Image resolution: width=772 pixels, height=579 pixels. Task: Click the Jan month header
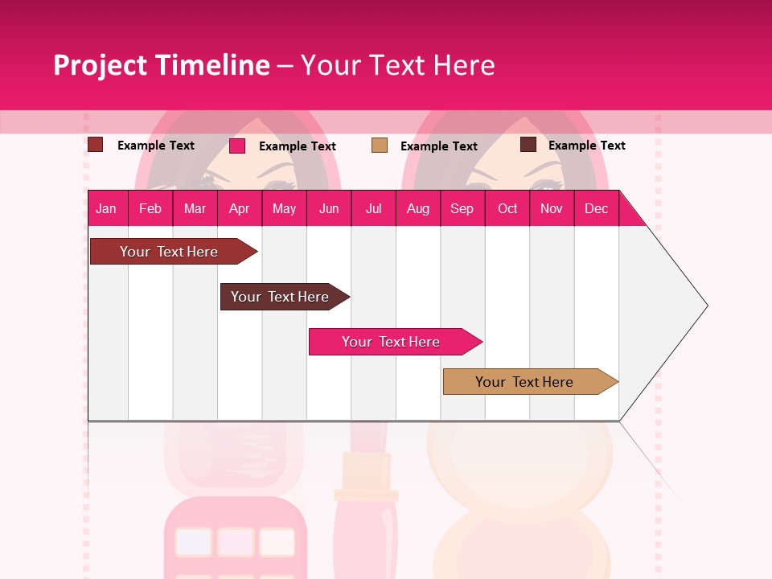tap(106, 208)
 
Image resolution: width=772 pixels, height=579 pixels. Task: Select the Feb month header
tap(150, 208)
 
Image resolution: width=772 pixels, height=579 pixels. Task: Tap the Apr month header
tap(239, 208)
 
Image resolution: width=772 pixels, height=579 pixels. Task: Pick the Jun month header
tap(329, 208)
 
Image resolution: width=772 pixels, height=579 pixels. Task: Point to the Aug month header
tap(417, 208)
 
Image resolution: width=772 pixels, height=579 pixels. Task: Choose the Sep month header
tap(462, 208)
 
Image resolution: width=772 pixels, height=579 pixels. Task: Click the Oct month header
tap(507, 208)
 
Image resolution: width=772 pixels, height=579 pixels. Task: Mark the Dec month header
tap(596, 208)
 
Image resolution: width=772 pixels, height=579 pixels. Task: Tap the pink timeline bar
tap(392, 342)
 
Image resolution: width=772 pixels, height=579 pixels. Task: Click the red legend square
tap(95, 145)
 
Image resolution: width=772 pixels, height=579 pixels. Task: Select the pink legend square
tap(237, 146)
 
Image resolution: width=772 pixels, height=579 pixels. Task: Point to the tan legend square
tap(380, 146)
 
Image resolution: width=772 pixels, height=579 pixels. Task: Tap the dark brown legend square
tap(528, 145)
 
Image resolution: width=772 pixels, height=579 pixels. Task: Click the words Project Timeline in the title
tap(162, 65)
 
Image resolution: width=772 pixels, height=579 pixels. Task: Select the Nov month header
tap(552, 208)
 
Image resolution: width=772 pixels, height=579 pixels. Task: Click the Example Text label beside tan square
tap(439, 146)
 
